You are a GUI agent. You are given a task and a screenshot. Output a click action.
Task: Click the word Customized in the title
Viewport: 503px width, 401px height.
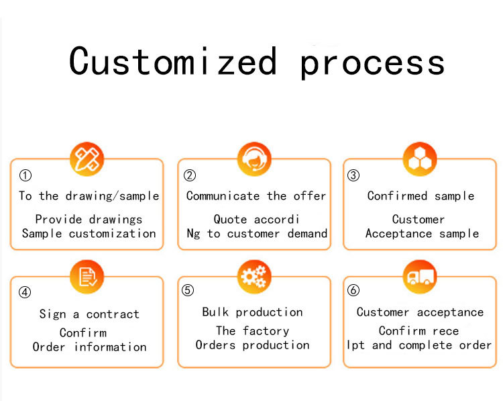point(173,61)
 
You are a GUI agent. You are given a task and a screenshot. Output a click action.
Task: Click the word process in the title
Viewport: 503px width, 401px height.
point(372,62)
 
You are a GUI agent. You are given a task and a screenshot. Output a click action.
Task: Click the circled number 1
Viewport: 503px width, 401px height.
point(25,176)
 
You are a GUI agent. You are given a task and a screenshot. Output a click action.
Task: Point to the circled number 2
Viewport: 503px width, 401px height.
point(190,176)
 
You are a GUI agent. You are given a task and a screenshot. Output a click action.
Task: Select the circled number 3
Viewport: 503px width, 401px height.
point(353,176)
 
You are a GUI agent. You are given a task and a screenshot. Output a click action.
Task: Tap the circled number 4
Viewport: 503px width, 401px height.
point(25,292)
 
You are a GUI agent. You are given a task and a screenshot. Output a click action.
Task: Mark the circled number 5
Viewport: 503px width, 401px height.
point(188,291)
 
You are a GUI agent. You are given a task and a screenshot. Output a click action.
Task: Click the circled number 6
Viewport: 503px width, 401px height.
point(353,291)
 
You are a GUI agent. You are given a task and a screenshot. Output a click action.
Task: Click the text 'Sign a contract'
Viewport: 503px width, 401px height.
point(89,314)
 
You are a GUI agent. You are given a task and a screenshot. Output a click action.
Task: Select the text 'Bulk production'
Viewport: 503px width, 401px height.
point(252,312)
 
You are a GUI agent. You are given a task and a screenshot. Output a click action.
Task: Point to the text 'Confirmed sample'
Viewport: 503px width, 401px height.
point(421,196)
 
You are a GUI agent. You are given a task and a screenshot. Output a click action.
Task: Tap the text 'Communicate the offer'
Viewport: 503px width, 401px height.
point(256,196)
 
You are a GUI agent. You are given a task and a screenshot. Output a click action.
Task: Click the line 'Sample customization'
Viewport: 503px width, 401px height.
point(89,234)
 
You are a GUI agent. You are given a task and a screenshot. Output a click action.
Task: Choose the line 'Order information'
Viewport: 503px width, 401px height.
point(89,347)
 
